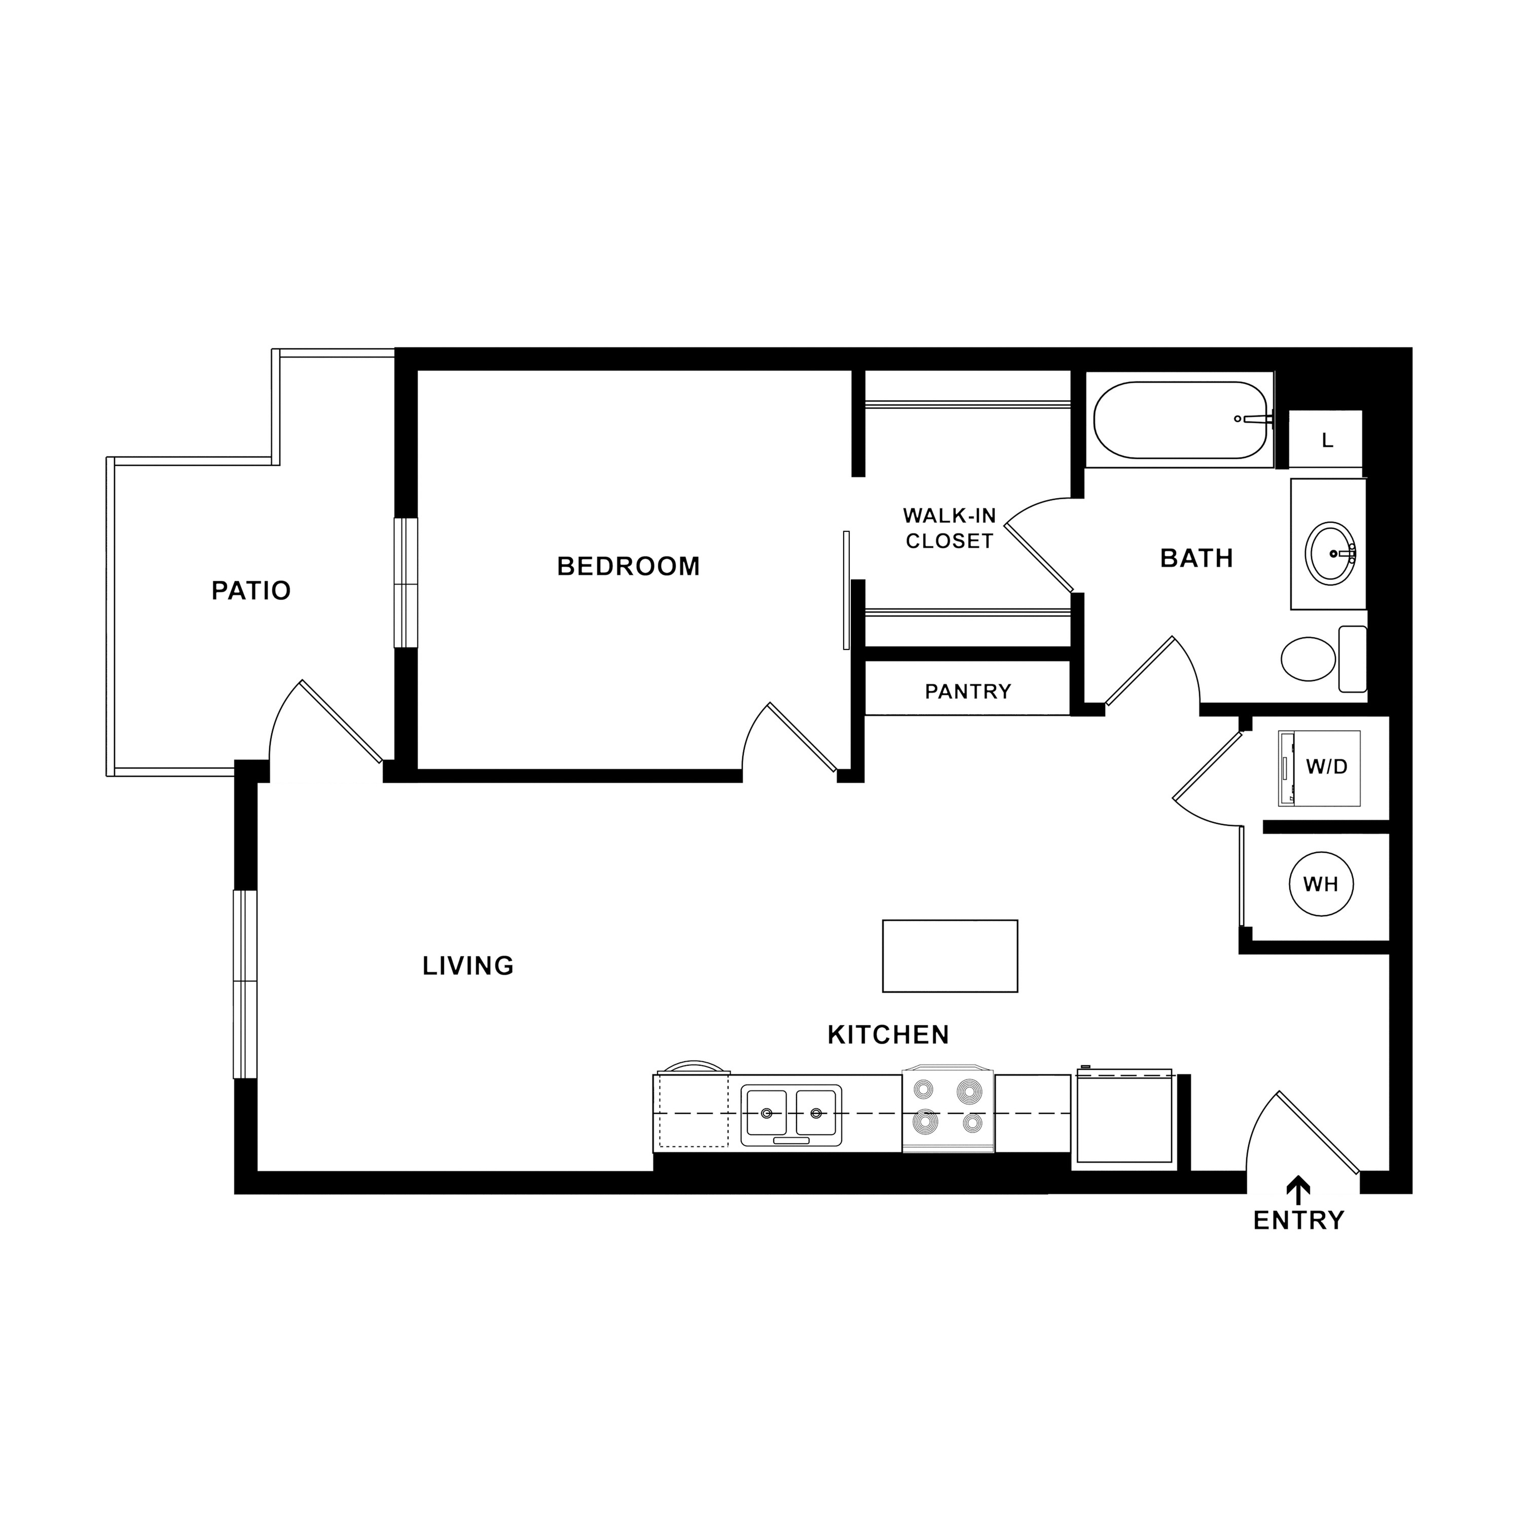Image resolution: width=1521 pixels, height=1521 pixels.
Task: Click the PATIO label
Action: (251, 591)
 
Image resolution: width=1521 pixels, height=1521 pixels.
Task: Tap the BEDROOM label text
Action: (628, 566)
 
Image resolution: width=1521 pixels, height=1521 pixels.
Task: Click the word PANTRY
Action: (967, 691)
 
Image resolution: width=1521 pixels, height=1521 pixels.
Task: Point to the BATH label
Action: (1197, 558)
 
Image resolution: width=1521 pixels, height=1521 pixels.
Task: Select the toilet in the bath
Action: (1323, 658)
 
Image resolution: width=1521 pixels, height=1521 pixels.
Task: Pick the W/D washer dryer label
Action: (1326, 767)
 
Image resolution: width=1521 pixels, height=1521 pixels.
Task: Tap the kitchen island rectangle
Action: (950, 956)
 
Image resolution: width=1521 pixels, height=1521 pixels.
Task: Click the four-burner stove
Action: (948, 1109)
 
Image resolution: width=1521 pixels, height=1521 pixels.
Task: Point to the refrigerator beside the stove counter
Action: (1125, 1116)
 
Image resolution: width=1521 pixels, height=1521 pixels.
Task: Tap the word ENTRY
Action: (1298, 1221)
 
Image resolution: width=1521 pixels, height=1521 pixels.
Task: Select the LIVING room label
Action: (468, 966)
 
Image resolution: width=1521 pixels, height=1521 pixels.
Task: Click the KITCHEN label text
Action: (888, 1034)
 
